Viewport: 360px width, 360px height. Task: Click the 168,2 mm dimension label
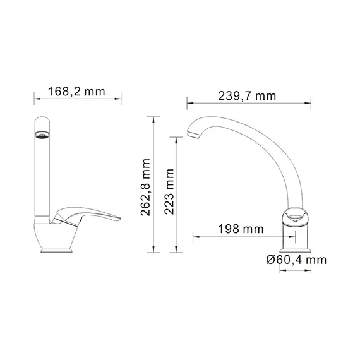point(76,92)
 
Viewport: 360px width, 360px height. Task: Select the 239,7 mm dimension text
point(248,96)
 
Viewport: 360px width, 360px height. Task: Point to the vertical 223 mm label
point(169,193)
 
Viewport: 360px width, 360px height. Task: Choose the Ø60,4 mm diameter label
point(296,260)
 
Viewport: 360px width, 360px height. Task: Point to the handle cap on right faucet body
point(296,217)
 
